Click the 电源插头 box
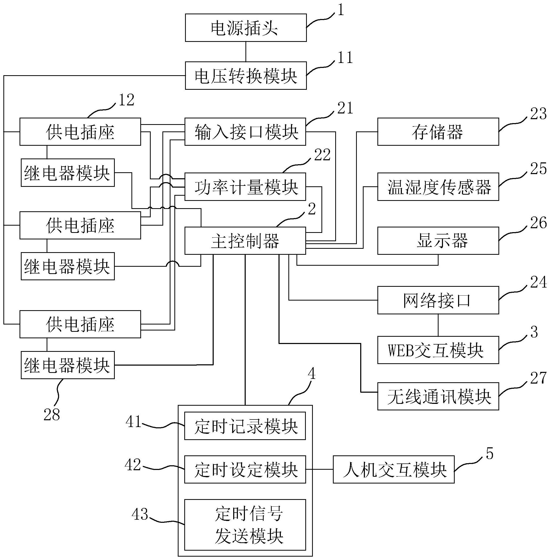[245, 28]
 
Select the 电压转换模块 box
[245, 75]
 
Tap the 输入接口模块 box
[245, 132]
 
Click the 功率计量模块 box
[245, 187]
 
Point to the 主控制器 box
[245, 241]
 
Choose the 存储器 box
[438, 132]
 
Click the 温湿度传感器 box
[438, 187]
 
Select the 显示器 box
[438, 241]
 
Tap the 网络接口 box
[438, 300]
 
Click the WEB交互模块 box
[438, 350]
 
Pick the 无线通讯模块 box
[438, 396]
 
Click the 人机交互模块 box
[394, 469]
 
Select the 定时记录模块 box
[245, 426]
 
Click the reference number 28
[52, 415]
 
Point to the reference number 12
[126, 100]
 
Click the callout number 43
[140, 514]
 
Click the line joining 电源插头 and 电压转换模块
[246, 52]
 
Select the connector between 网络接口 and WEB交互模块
[438, 325]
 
